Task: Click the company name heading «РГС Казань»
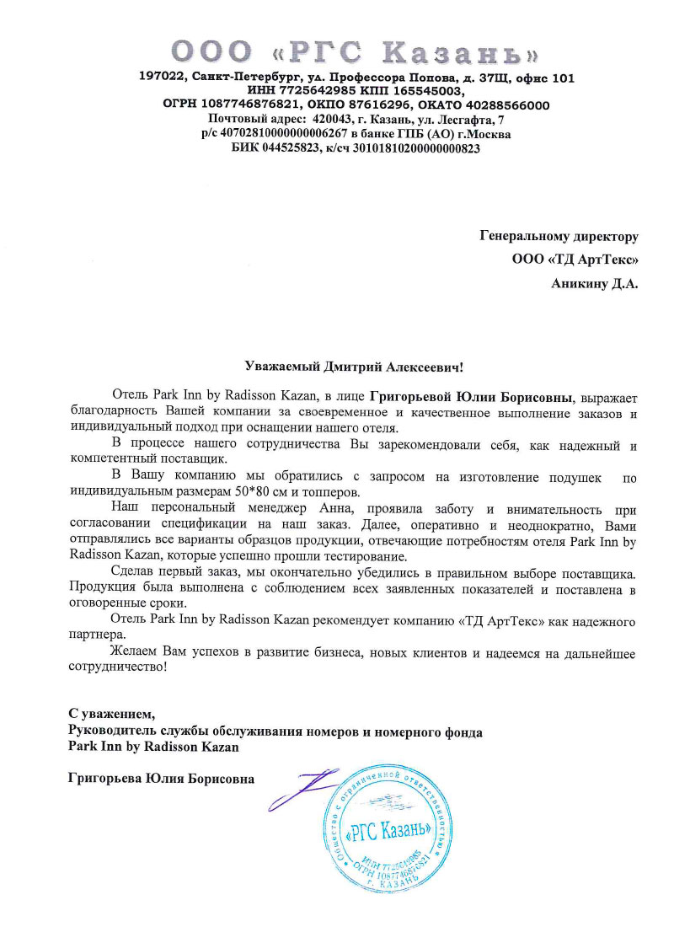(355, 53)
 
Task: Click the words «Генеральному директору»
(559, 237)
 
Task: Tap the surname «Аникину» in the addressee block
(580, 284)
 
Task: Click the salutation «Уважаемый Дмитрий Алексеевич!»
(354, 367)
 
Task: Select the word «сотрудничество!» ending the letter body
(117, 667)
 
